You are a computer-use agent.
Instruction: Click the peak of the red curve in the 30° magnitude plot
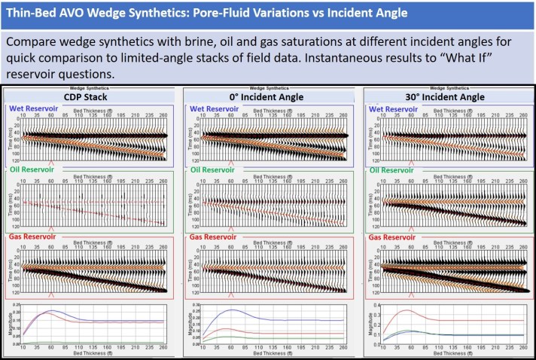pyautogui.click(x=407, y=310)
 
